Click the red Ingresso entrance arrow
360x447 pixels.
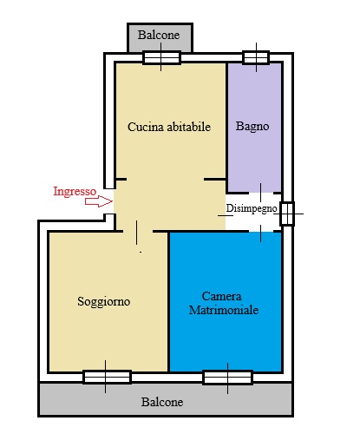pos(99,201)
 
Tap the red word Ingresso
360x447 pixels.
pos(75,192)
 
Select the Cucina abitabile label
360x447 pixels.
pos(169,127)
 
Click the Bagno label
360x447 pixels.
pos(252,126)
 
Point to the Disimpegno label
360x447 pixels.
pos(252,208)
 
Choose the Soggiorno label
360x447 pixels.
pos(104,301)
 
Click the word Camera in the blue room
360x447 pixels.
pos(221,296)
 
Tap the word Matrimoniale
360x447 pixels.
pos(224,310)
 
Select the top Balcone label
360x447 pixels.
pos(159,35)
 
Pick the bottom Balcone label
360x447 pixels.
pos(162,402)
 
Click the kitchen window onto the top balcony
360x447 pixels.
pos(161,57)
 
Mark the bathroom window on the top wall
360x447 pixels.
pos(256,57)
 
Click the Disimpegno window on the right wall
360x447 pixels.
pos(287,214)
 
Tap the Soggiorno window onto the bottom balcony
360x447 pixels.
pos(108,377)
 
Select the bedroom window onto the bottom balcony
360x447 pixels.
pos(228,378)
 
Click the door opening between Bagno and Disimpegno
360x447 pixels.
pos(261,193)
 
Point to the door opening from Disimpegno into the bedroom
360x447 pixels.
pos(261,231)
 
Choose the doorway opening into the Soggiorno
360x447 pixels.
pos(138,232)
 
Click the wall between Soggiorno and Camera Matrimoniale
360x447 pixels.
pos(168,301)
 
